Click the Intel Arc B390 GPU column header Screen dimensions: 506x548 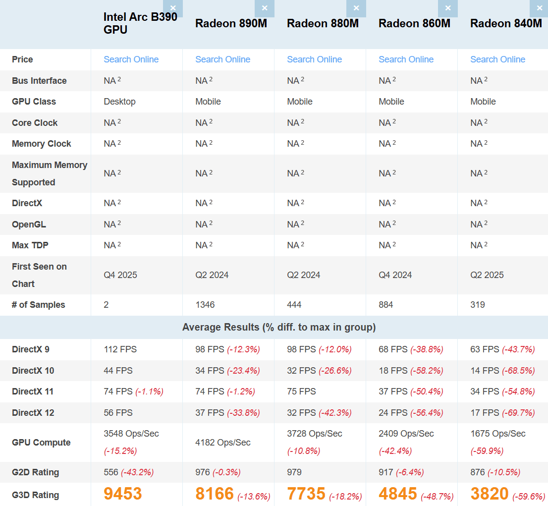coord(140,23)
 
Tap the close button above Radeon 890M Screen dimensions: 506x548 coord(265,8)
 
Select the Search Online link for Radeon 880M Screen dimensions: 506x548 coord(314,59)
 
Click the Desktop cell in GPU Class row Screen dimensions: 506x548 coord(119,102)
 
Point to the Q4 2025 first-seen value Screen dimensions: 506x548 coord(120,275)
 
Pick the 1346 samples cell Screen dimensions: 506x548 coord(205,305)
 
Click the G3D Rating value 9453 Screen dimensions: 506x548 coord(123,494)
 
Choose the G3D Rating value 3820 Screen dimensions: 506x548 coord(489,494)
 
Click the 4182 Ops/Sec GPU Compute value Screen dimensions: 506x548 coord(223,443)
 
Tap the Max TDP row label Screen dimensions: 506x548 coord(30,245)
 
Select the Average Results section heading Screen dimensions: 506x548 coord(279,327)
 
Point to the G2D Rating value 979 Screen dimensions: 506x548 coord(294,472)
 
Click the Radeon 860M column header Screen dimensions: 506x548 coord(414,23)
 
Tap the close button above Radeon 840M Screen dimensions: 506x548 coord(540,8)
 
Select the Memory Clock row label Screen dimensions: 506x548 coord(42,144)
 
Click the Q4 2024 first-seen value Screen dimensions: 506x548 coord(395,275)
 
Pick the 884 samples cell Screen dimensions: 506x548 coord(386,305)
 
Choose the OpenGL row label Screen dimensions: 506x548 coord(29,225)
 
